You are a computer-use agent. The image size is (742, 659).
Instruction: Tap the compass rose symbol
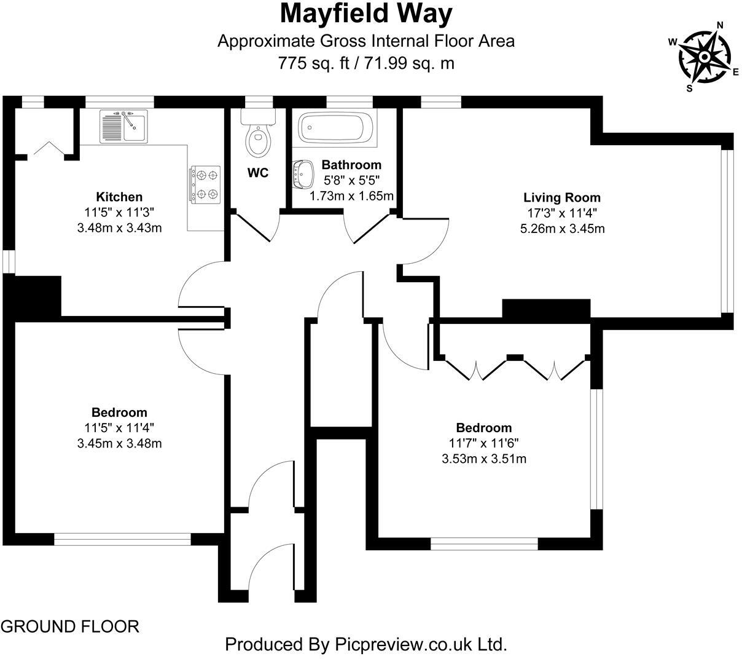pyautogui.click(x=705, y=57)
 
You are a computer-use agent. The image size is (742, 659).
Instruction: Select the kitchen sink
pyautogui.click(x=123, y=126)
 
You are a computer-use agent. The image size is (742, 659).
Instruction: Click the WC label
pyautogui.click(x=258, y=173)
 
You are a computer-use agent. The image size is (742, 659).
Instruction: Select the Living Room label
pyautogui.click(x=561, y=197)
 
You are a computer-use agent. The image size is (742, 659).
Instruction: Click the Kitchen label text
pyautogui.click(x=119, y=197)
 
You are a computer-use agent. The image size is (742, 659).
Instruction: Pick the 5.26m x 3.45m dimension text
pyautogui.click(x=561, y=229)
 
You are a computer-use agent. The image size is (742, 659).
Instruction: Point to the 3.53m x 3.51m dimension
pyautogui.click(x=483, y=459)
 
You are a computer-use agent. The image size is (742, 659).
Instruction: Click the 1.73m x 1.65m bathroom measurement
pyautogui.click(x=351, y=195)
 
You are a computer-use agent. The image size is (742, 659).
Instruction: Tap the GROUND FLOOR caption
pyautogui.click(x=70, y=626)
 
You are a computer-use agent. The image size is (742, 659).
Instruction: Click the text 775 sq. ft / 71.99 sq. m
pyautogui.click(x=366, y=63)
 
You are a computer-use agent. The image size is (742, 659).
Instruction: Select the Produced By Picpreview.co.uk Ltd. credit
pyautogui.click(x=366, y=644)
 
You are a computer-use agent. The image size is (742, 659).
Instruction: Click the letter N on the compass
pyautogui.click(x=721, y=25)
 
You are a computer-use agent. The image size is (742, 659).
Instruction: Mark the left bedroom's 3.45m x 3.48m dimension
pyautogui.click(x=119, y=443)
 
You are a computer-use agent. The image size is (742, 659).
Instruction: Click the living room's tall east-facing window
pyautogui.click(x=727, y=231)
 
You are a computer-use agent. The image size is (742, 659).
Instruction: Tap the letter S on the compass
pyautogui.click(x=689, y=88)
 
